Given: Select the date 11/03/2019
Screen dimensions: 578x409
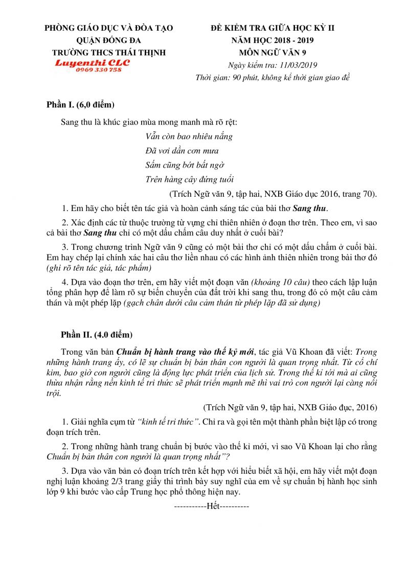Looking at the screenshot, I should click(x=299, y=65).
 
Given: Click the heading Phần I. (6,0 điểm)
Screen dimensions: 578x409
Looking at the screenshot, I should click(x=80, y=106).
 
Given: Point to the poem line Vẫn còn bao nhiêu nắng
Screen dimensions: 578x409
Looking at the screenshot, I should click(x=189, y=136).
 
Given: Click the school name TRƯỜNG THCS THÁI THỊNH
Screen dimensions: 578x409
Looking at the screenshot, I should click(x=109, y=53).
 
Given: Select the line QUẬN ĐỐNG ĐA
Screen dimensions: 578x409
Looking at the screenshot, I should click(x=109, y=40).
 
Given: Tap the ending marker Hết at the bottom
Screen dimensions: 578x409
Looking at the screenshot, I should click(x=212, y=507).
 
